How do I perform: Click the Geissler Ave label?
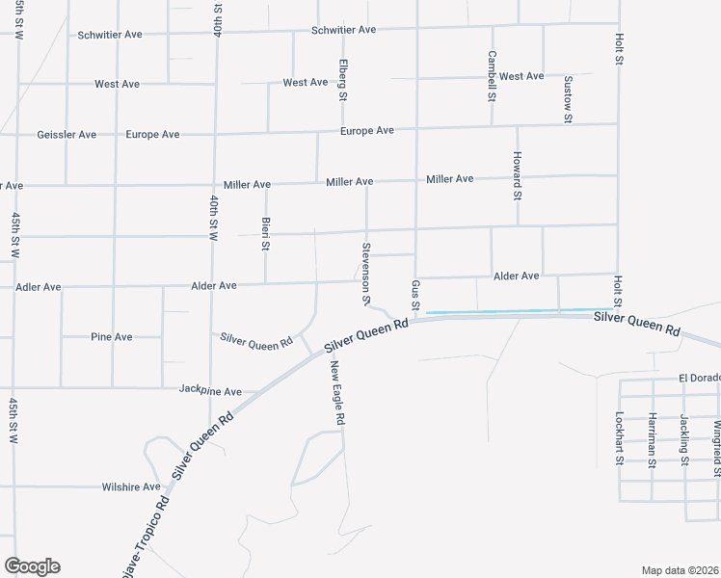point(66,135)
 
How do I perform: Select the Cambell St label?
point(492,76)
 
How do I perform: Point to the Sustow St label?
point(569,98)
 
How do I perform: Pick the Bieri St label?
point(266,233)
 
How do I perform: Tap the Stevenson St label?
point(366,274)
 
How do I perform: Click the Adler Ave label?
point(39,287)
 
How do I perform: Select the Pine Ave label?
point(112,337)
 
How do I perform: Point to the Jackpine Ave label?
point(210,391)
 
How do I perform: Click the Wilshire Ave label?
point(131,487)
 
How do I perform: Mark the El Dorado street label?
point(699,378)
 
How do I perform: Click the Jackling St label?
point(684,438)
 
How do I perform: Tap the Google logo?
point(32,566)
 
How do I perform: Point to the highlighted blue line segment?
point(521,310)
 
